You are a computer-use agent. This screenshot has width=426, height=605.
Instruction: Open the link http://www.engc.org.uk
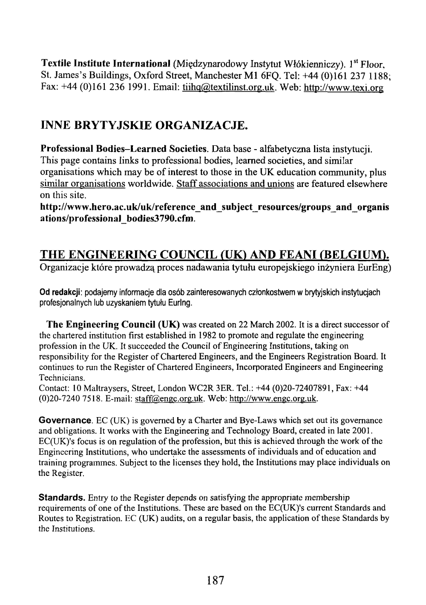(x=273, y=399)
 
